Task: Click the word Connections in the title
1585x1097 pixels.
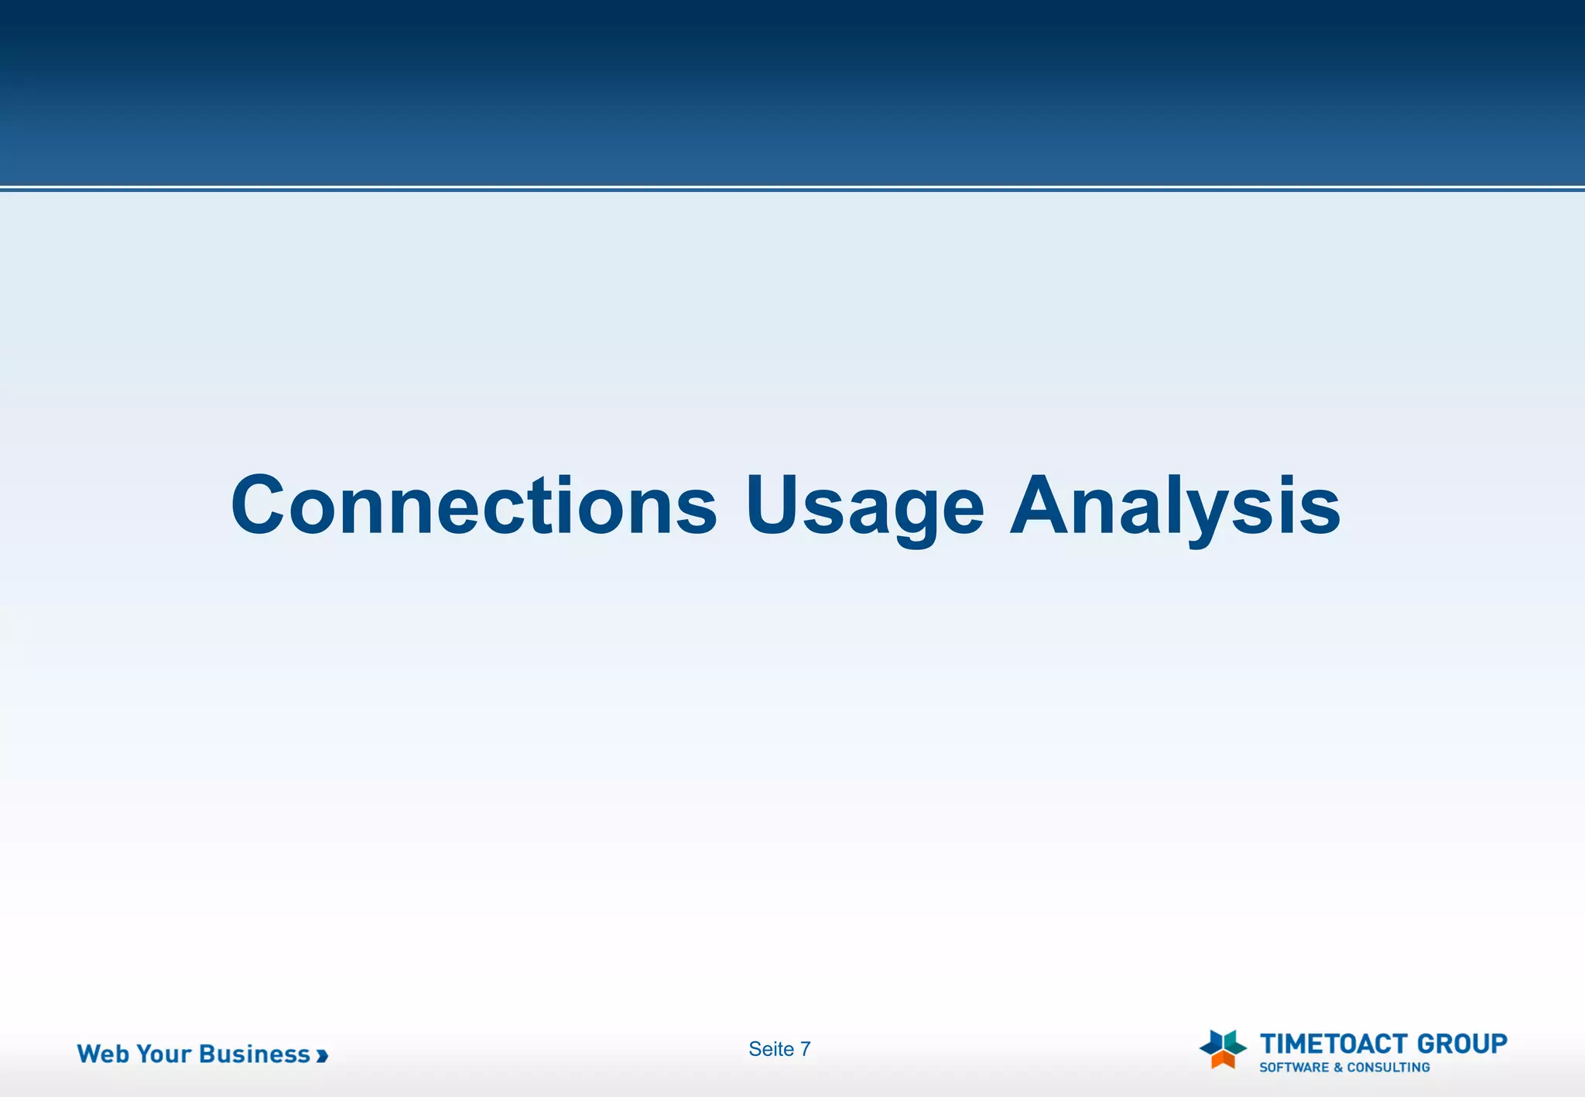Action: tap(474, 507)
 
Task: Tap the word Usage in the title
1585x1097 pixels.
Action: tap(864, 507)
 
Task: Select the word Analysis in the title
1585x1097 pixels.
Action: tap(1175, 507)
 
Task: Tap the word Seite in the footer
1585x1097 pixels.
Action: tap(771, 1049)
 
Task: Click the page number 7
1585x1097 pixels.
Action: tap(806, 1049)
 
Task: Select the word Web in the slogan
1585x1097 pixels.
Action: tap(103, 1054)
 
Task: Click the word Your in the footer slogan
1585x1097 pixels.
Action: tap(163, 1054)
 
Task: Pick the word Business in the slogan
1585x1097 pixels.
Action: tap(255, 1054)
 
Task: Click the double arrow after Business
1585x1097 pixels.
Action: tap(322, 1055)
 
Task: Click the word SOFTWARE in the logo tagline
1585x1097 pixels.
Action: tap(1293, 1068)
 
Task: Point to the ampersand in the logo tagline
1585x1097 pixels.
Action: tap(1338, 1068)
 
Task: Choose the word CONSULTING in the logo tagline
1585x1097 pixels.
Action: tap(1388, 1068)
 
